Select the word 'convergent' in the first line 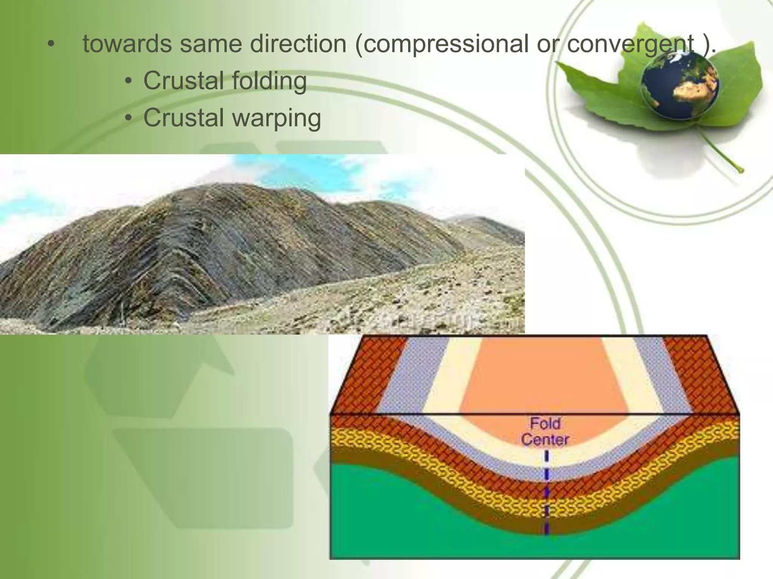pos(631,44)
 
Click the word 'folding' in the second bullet pos(269,81)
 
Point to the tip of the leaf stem pos(741,171)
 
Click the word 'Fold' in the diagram pos(545,423)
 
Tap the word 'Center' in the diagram pos(545,440)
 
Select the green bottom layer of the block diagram pos(415,528)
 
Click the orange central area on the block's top pos(544,377)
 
